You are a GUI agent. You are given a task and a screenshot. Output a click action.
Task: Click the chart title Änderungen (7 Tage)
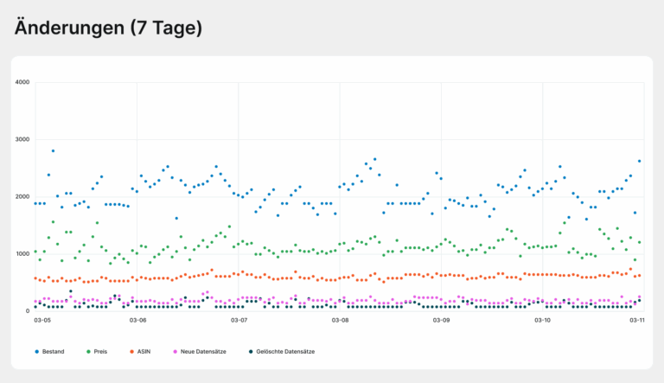coord(108,28)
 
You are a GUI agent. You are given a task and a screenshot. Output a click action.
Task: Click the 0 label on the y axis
coord(28,311)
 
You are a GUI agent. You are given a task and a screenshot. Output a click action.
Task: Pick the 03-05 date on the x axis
coord(42,320)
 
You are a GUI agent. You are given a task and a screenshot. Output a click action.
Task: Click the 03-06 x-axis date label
coord(138,320)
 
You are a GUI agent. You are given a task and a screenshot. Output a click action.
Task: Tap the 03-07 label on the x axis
coord(239,320)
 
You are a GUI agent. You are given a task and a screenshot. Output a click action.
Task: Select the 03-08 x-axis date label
coord(340,320)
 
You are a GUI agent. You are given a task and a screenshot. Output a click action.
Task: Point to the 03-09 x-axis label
coord(441,320)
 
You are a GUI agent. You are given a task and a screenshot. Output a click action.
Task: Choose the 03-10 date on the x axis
coord(542,320)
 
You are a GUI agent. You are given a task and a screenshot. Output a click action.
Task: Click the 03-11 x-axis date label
coord(637,320)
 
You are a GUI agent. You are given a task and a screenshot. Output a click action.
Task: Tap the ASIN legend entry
coord(145,352)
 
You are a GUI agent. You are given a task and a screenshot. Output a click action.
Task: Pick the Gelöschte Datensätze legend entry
coord(282,352)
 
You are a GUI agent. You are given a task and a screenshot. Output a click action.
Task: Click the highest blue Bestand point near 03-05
coord(53,151)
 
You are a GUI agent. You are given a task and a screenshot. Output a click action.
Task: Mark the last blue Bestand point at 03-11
coord(639,161)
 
